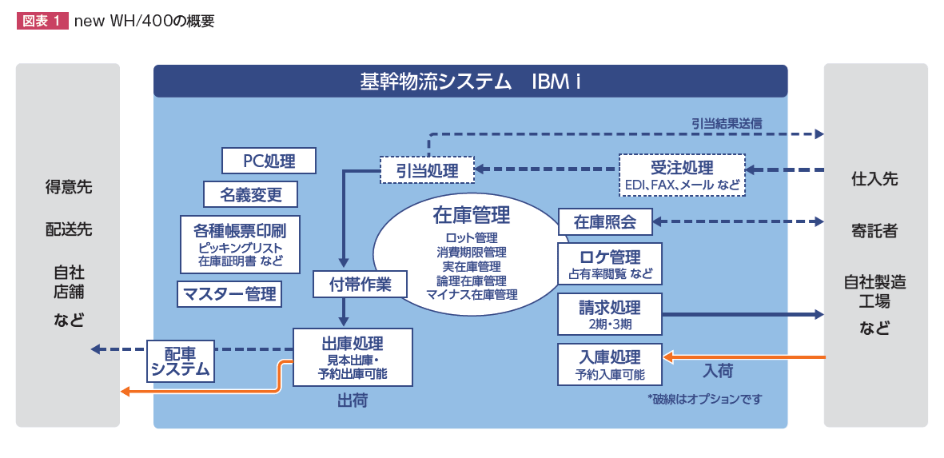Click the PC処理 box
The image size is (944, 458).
[269, 161]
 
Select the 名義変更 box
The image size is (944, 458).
[250, 194]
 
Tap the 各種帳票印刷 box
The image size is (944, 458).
[240, 244]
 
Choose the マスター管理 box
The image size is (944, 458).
[229, 293]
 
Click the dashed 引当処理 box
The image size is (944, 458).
[427, 169]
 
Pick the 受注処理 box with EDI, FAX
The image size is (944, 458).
[682, 175]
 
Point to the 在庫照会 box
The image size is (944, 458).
[605, 221]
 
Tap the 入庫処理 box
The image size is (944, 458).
[610, 364]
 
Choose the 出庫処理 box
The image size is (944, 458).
[353, 357]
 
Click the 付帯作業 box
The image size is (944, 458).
[360, 284]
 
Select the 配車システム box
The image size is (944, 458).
[181, 361]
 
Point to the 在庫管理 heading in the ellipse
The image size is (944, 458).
[472, 216]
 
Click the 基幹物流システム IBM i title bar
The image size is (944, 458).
[470, 82]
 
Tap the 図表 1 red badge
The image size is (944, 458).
[42, 22]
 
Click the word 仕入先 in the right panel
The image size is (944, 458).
[874, 179]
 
